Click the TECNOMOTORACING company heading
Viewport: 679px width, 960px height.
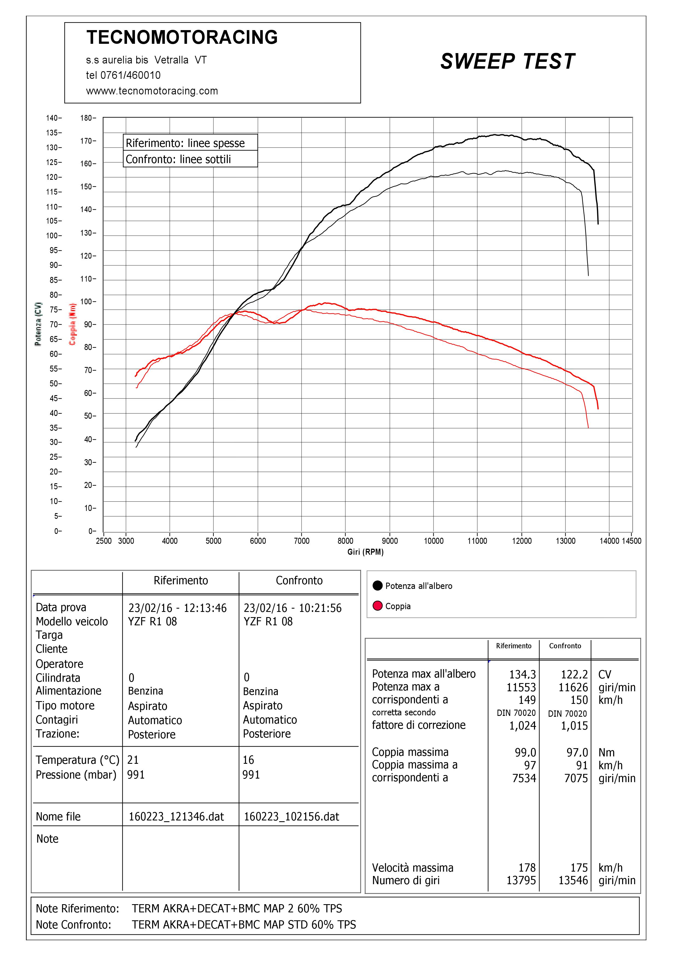(x=182, y=37)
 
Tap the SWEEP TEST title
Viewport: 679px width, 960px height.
(x=508, y=62)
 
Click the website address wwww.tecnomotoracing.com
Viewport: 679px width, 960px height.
(x=152, y=91)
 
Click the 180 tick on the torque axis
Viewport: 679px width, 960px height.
(x=87, y=118)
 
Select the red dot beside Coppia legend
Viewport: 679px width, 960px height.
(x=378, y=606)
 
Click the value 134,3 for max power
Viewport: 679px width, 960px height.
(x=522, y=674)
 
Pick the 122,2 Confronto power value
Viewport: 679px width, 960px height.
(x=574, y=674)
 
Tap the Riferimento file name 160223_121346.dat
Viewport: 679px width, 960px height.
(x=176, y=817)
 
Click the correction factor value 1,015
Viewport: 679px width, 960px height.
(x=574, y=726)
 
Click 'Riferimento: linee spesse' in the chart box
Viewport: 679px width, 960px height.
(x=185, y=143)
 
